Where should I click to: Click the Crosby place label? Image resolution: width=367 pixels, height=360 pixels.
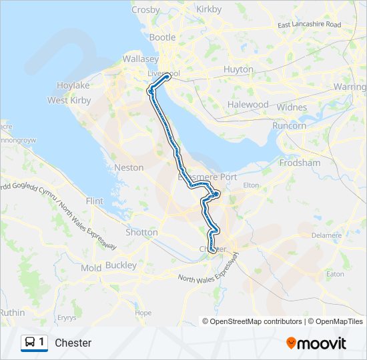[x=145, y=10]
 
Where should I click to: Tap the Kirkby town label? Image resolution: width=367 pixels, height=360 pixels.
[x=209, y=9]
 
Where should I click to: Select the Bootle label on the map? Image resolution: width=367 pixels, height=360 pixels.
[x=163, y=37]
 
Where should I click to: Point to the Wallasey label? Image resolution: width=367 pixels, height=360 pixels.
[x=139, y=59]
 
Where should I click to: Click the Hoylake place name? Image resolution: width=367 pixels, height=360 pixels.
[x=73, y=86]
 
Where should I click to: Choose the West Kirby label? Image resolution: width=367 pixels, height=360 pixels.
[x=69, y=101]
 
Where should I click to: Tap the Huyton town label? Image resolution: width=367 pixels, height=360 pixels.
[x=238, y=69]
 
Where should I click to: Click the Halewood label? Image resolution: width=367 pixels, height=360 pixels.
[x=248, y=105]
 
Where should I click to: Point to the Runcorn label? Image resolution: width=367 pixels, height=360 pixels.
[x=289, y=125]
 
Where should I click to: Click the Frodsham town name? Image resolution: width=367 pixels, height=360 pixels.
[x=301, y=163]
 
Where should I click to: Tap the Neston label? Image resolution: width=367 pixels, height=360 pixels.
[x=129, y=167]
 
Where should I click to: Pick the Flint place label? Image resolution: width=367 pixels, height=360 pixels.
[x=95, y=201]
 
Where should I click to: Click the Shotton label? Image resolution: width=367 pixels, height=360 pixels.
[x=141, y=233]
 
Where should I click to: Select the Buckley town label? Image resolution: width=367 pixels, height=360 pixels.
[x=120, y=265]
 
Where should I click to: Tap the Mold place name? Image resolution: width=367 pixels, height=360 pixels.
[x=91, y=268]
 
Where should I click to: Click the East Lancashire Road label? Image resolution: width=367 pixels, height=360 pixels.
[x=309, y=25]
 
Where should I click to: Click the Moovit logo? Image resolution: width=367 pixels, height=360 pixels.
[x=316, y=343]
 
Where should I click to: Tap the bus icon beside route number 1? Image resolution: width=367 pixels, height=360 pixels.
[x=30, y=343]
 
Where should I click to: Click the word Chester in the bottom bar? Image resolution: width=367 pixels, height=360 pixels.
[x=73, y=343]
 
